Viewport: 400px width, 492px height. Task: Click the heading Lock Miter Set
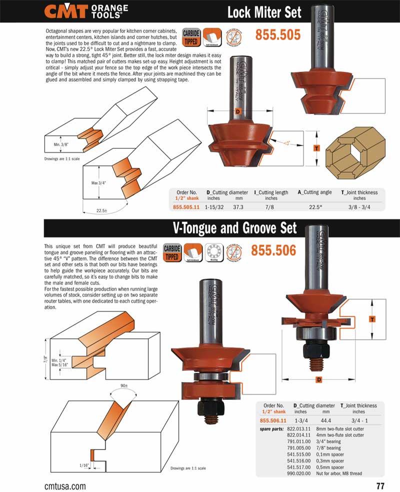(264, 11)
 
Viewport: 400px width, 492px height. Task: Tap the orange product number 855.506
(273, 249)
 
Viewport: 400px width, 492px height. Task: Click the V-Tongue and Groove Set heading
(234, 228)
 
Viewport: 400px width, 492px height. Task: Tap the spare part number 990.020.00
(299, 473)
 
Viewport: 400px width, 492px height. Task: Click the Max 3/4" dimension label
(98, 183)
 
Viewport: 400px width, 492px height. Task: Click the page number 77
(380, 486)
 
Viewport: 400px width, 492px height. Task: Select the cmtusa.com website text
(65, 486)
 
